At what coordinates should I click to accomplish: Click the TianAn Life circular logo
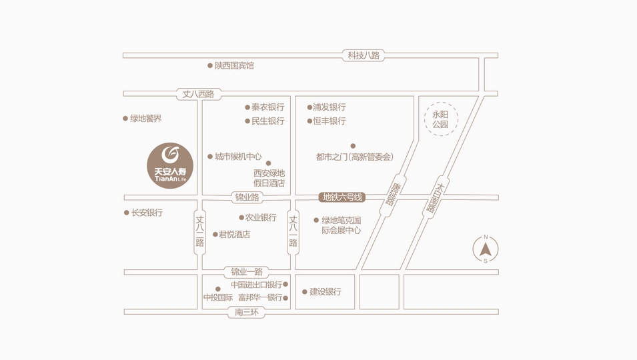(x=170, y=165)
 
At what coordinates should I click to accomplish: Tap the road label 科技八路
(x=363, y=55)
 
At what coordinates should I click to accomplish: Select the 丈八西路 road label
(x=198, y=94)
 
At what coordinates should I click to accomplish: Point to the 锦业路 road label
(x=247, y=197)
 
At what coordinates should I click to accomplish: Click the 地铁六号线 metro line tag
(x=342, y=197)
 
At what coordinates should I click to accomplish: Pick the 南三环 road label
(x=247, y=312)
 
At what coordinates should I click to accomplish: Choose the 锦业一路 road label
(x=247, y=272)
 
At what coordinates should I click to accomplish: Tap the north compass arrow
(x=486, y=249)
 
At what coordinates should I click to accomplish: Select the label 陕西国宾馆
(x=234, y=66)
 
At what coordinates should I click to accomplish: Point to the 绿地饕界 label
(x=145, y=119)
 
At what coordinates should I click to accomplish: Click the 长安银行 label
(x=147, y=213)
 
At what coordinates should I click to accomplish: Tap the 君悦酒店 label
(x=234, y=234)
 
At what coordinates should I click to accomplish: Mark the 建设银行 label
(x=326, y=292)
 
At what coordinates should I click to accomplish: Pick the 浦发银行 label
(x=329, y=107)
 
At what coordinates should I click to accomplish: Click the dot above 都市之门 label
(x=353, y=146)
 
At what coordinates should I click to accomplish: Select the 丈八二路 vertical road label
(x=199, y=231)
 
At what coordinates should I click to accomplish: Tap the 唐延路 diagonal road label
(x=393, y=195)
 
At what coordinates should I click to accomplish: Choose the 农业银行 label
(x=260, y=217)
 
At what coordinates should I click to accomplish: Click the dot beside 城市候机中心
(x=210, y=157)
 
